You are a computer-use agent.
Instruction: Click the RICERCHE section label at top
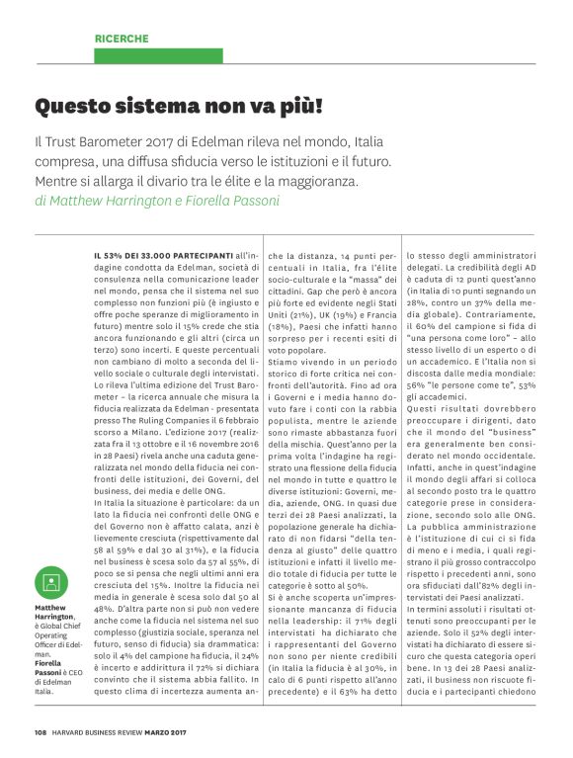point(122,39)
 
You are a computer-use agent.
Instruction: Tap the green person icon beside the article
point(51,581)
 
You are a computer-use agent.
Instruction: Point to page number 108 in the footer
point(40,732)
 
